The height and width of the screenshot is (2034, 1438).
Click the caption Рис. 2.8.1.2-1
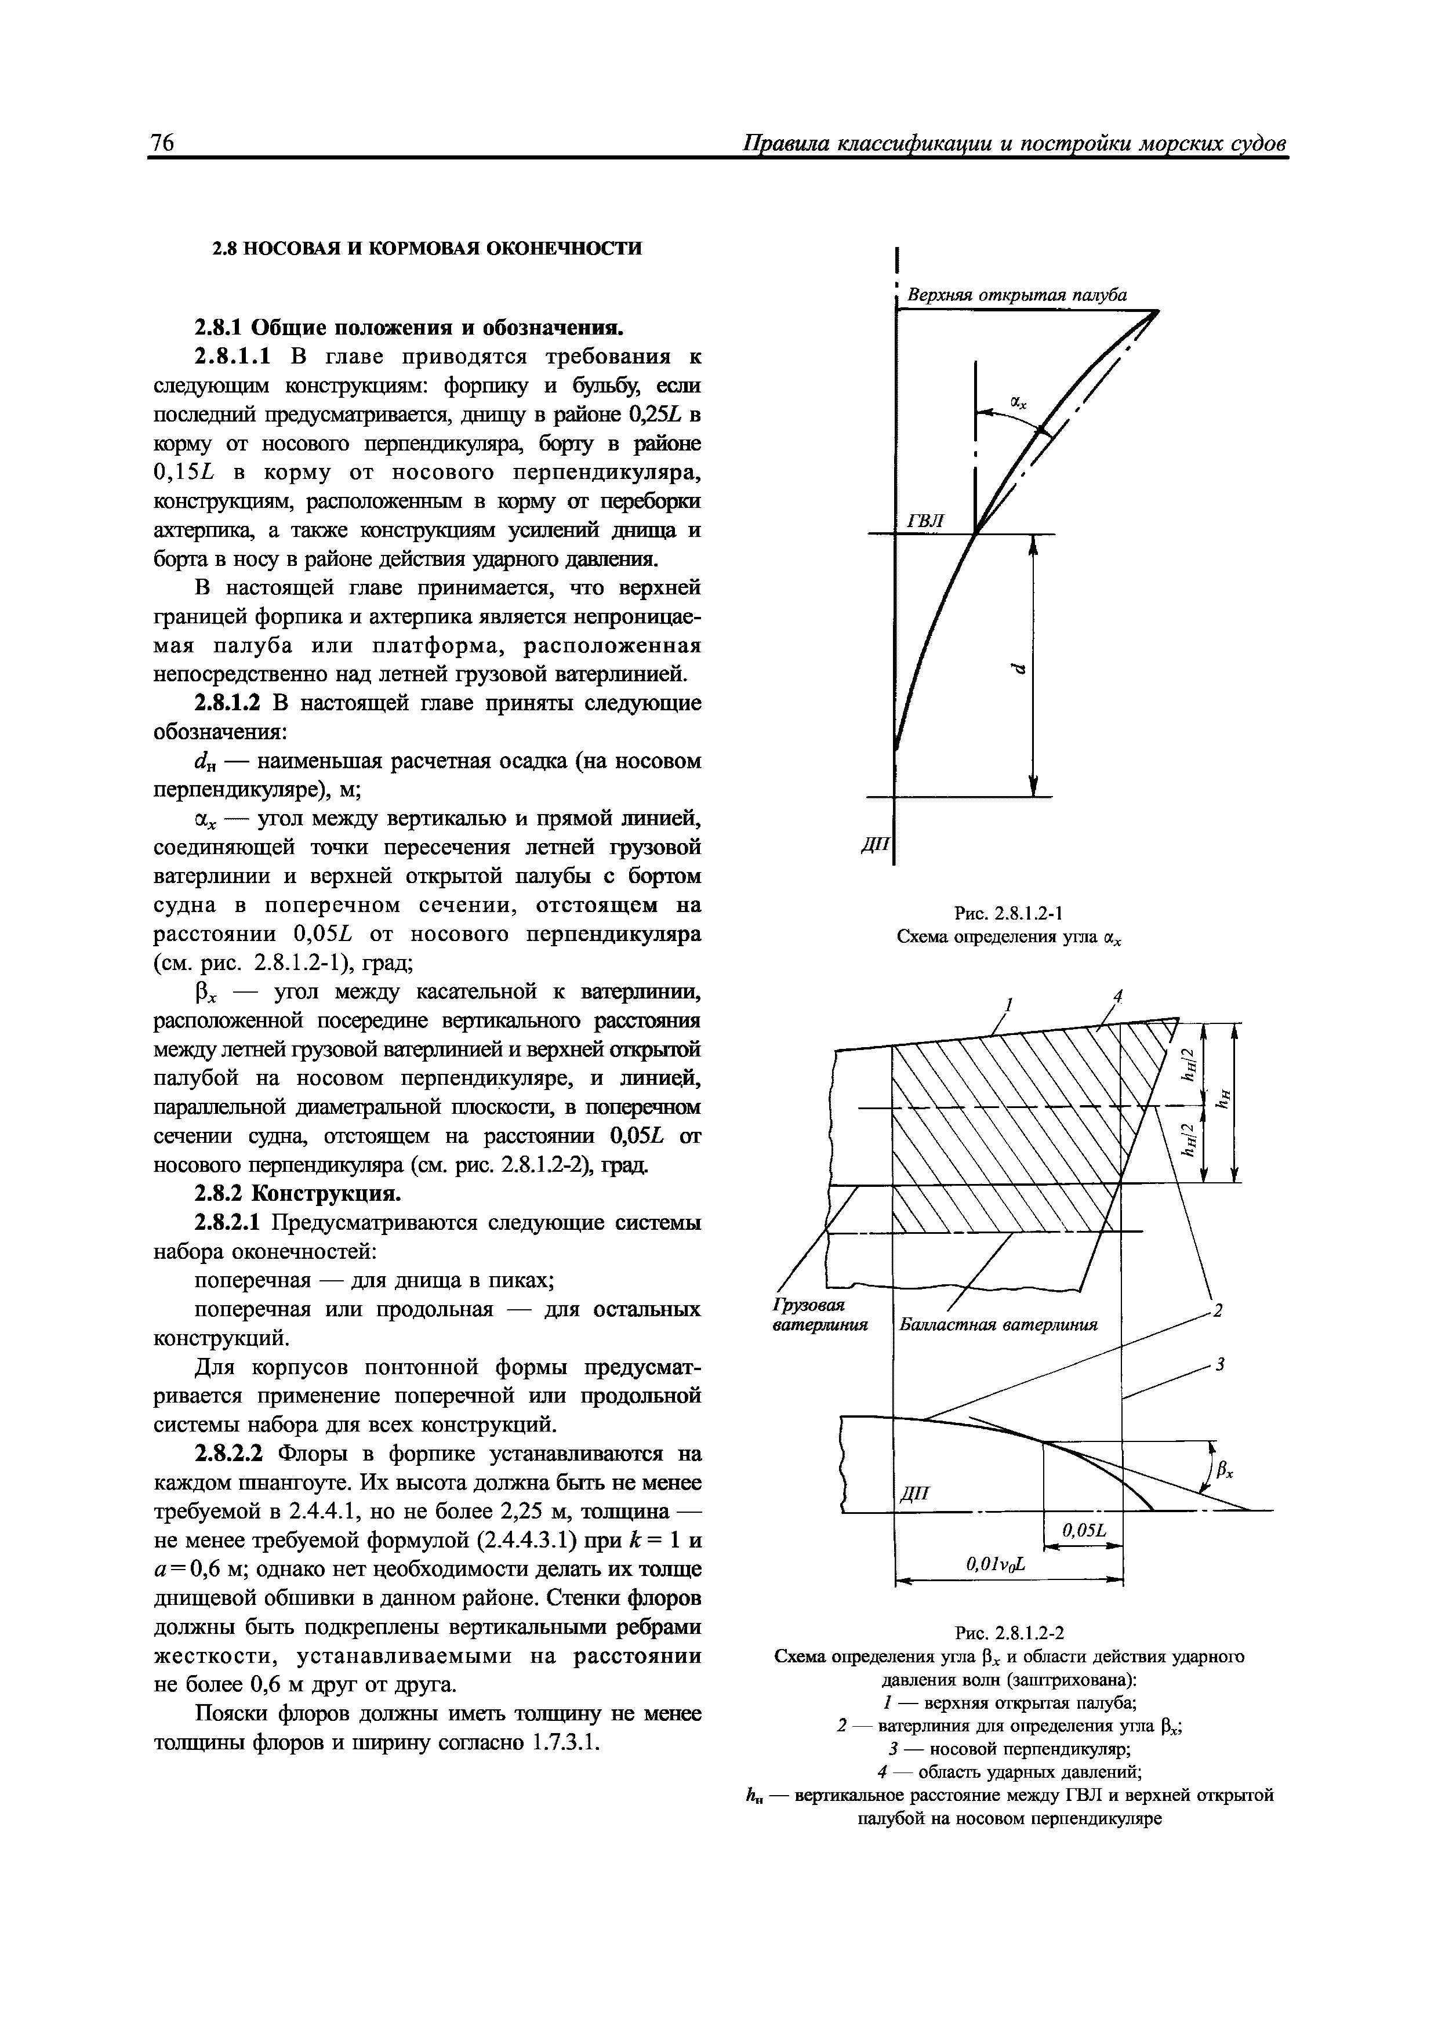(x=1010, y=913)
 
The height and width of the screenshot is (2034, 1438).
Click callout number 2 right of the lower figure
(x=1218, y=1310)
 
